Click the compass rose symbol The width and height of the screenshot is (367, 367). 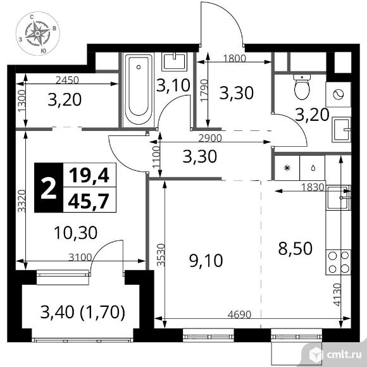pos(38,34)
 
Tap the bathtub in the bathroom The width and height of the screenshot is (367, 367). pos(139,90)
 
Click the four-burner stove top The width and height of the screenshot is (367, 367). pos(339,262)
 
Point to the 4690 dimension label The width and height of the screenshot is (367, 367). pos(239,314)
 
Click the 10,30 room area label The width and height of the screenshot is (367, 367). pos(75,233)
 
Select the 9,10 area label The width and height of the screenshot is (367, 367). pos(206,261)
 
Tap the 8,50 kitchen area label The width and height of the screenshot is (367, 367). pos(295,248)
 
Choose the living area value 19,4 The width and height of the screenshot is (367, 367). pos(89,176)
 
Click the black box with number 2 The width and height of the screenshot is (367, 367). pos(49,188)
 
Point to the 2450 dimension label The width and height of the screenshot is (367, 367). pos(68,80)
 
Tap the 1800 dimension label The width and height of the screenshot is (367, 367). pos(235,58)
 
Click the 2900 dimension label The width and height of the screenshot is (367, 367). pos(210,139)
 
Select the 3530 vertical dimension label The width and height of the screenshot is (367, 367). pos(161,255)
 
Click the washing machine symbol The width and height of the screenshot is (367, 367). pos(339,94)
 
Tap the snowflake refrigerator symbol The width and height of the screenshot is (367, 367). pos(287,168)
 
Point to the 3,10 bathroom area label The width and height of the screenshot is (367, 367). pos(173,85)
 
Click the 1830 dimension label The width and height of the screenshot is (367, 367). pos(313,187)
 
